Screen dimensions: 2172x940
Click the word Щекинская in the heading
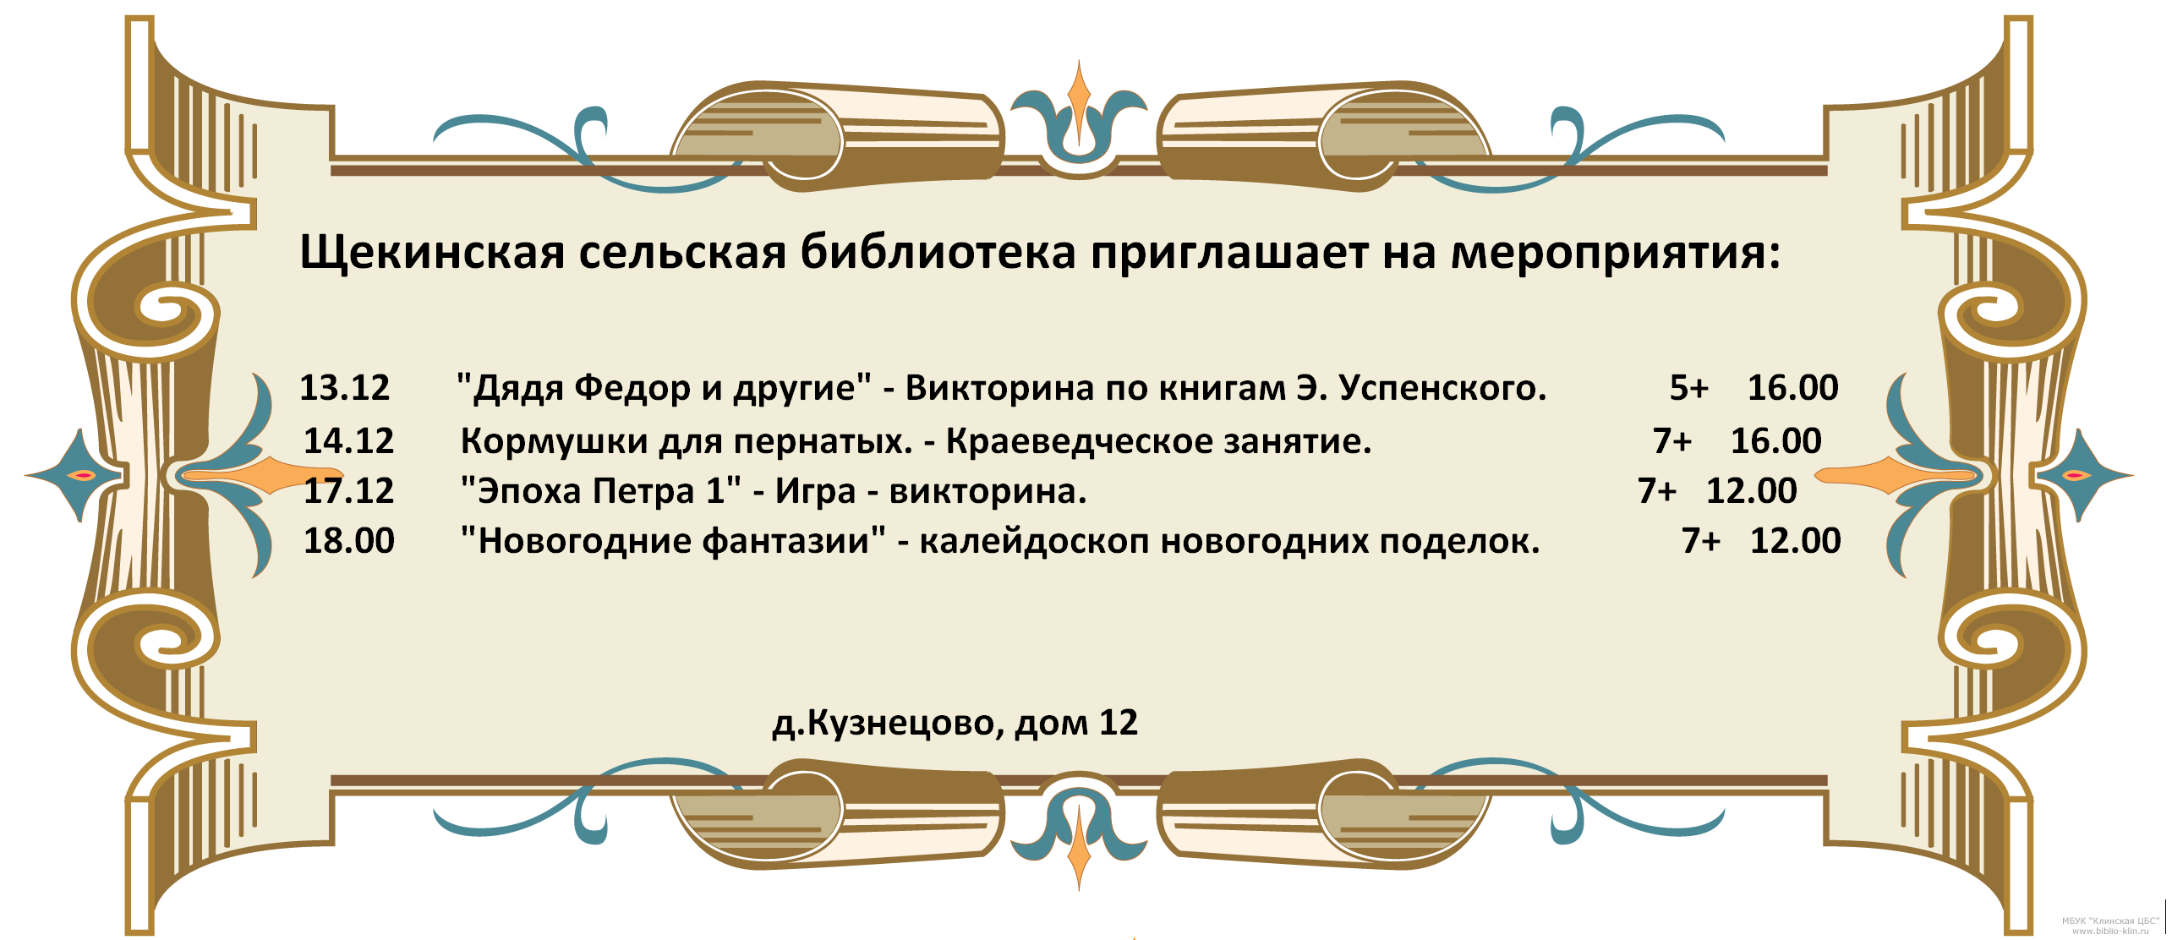(432, 253)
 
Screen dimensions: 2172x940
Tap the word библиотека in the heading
(938, 251)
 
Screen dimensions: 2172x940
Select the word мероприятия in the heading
(1615, 253)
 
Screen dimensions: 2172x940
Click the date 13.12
(345, 388)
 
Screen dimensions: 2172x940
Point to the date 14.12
(348, 441)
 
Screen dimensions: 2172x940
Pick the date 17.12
(348, 491)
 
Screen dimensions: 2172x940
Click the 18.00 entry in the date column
(348, 541)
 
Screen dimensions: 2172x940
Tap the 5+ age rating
(1689, 388)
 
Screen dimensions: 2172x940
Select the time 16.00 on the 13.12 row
(1792, 388)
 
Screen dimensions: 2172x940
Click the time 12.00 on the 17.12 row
(1751, 491)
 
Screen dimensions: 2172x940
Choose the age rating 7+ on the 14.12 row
(1672, 441)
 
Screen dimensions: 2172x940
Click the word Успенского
(1443, 388)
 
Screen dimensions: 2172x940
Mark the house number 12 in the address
(1118, 723)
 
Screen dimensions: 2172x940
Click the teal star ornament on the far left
(76, 476)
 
